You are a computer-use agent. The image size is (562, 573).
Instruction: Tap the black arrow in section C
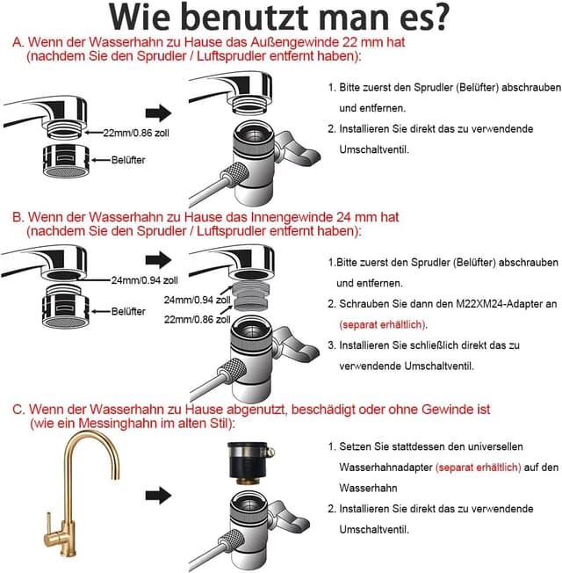pyautogui.click(x=159, y=497)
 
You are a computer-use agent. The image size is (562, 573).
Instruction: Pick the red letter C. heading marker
pyautogui.click(x=18, y=410)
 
